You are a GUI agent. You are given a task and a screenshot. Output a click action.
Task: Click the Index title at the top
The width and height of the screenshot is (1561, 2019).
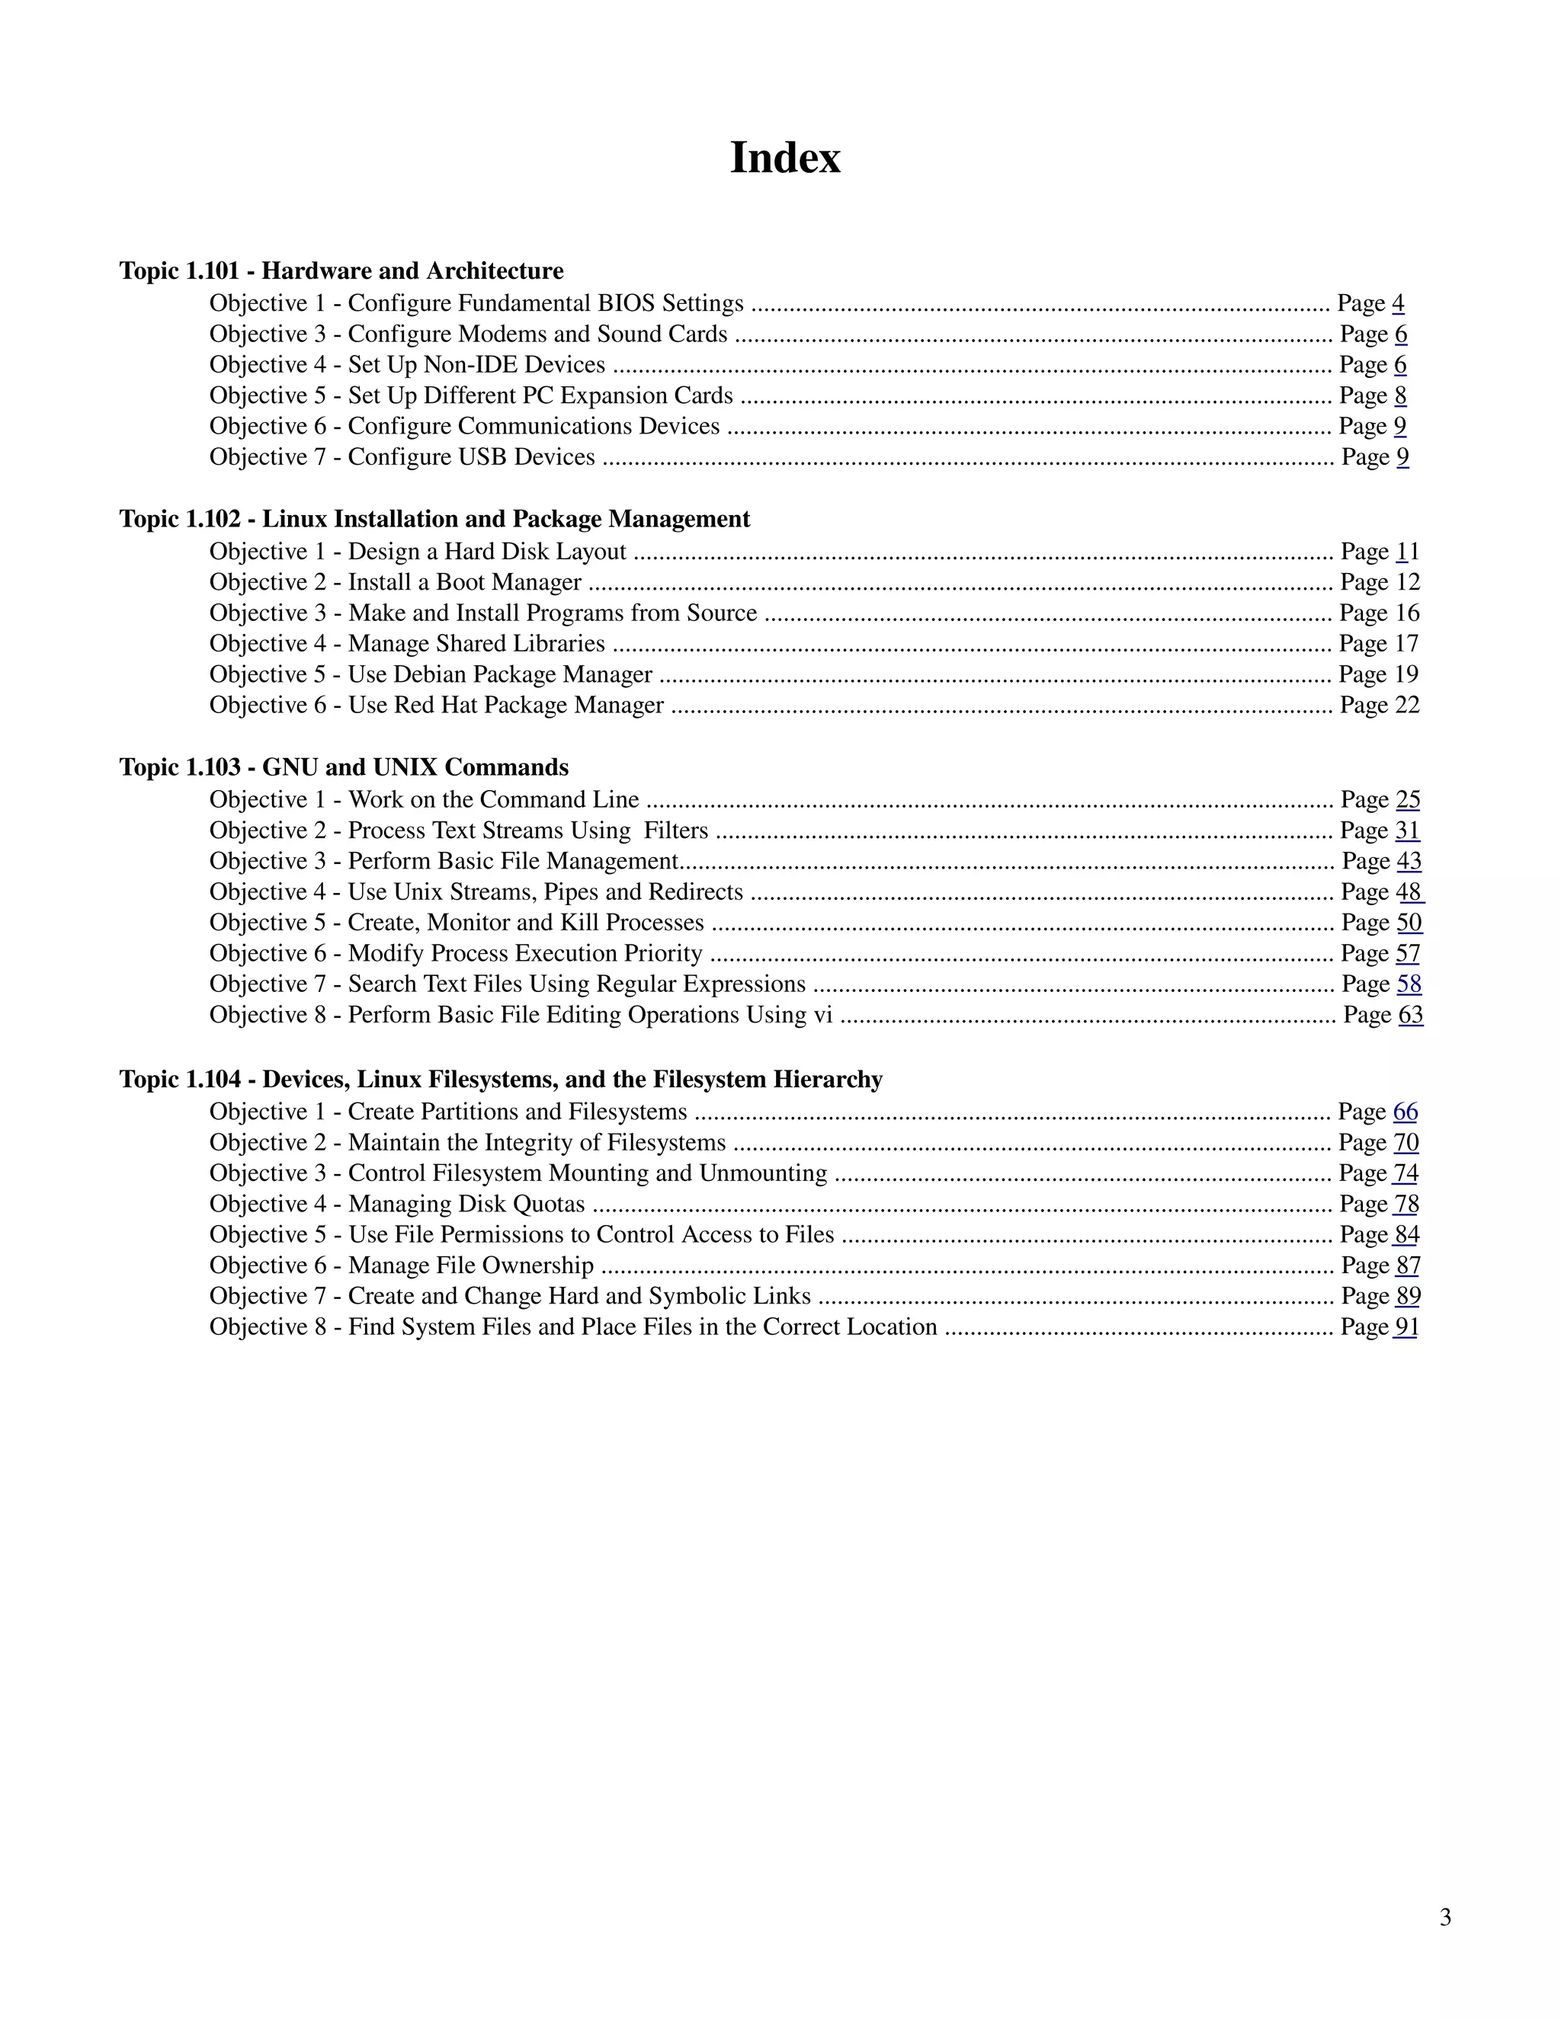[784, 158]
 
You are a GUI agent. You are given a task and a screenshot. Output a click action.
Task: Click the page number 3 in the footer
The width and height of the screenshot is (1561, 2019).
[1444, 1918]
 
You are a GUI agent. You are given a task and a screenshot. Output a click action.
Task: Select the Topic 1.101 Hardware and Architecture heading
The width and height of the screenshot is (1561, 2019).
[341, 271]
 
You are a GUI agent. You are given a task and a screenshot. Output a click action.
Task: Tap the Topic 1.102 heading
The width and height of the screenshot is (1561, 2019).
[434, 519]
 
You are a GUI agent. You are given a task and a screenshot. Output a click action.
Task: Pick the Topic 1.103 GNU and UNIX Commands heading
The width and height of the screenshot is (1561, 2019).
[344, 767]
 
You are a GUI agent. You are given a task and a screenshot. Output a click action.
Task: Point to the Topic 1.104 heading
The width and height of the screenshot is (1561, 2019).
[500, 1079]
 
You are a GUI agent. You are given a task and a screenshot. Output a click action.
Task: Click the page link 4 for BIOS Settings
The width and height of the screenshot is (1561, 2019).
[1397, 303]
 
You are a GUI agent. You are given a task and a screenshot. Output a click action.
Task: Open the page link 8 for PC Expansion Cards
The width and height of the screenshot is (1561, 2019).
[1400, 395]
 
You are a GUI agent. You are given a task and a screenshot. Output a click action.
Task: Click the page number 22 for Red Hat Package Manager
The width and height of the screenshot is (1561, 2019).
[1406, 706]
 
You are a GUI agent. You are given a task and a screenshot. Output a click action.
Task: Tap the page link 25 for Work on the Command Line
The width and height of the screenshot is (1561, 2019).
[1408, 800]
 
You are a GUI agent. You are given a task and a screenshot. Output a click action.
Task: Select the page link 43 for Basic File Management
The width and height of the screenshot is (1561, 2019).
[1409, 862]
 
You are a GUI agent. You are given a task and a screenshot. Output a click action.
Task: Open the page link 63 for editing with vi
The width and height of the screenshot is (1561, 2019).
[1410, 1015]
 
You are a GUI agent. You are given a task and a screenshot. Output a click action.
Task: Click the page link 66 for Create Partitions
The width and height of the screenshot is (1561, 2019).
[1405, 1112]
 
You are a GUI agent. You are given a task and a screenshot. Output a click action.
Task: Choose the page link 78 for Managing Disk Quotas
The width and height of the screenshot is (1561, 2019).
[1406, 1205]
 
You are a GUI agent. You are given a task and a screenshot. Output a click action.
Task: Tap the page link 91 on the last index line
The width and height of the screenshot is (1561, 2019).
[1406, 1327]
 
